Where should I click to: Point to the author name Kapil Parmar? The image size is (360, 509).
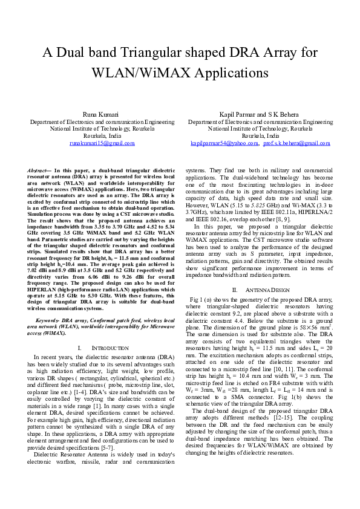tap(244, 114)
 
